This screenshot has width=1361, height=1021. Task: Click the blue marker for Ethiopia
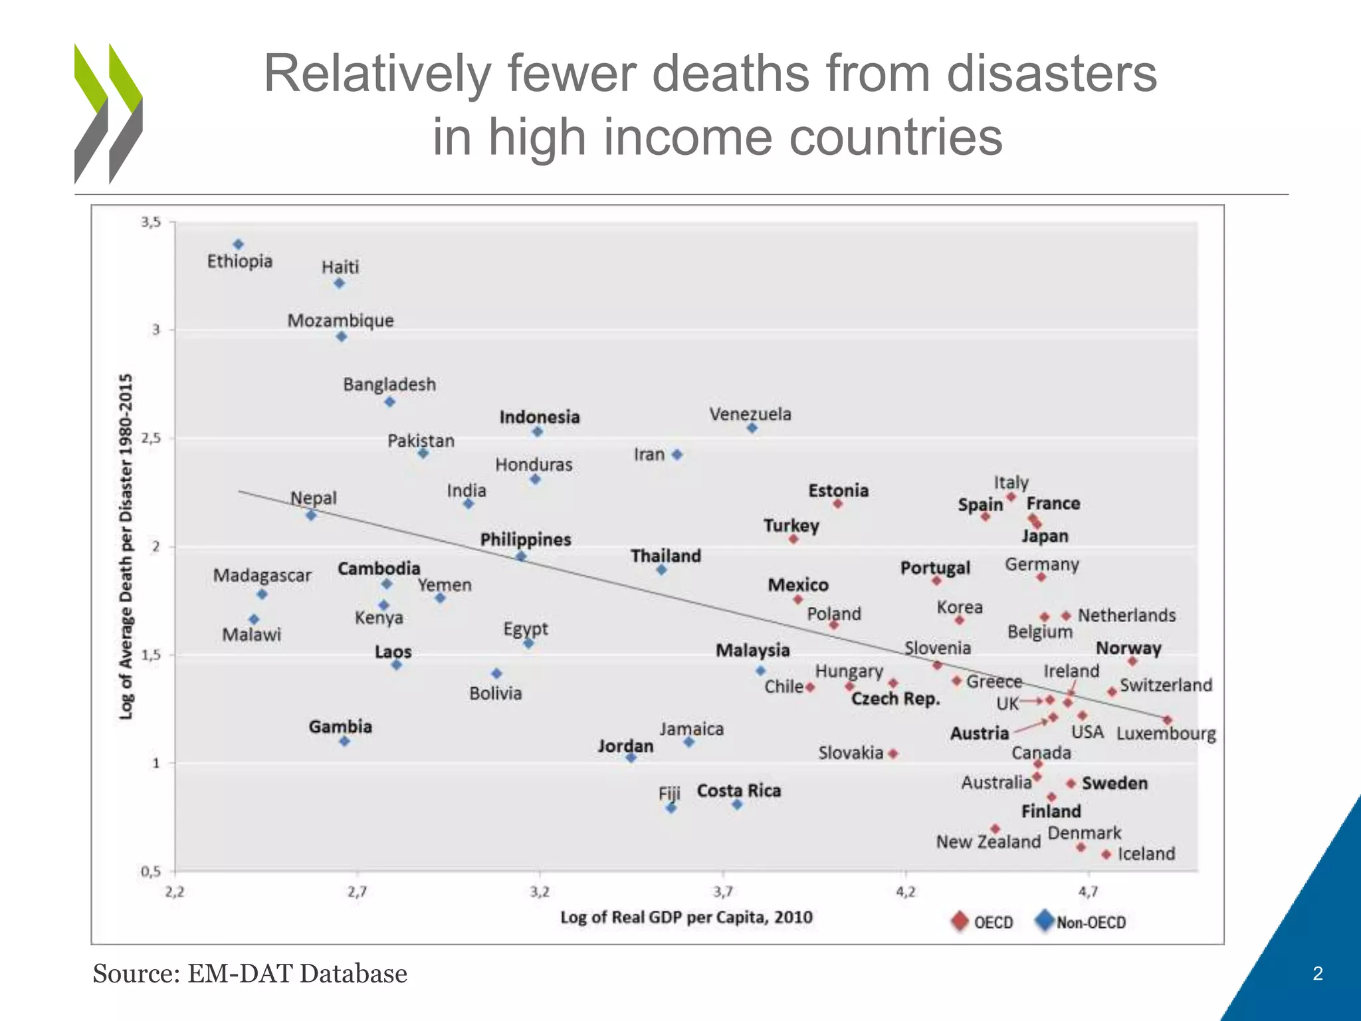[x=239, y=245]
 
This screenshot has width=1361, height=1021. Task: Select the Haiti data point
[x=339, y=283]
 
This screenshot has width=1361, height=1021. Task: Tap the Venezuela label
[x=750, y=414]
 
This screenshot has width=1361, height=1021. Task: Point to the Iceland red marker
[x=1106, y=854]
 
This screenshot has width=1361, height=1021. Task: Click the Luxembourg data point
[x=1167, y=720]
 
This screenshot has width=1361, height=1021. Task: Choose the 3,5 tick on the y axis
[x=151, y=222]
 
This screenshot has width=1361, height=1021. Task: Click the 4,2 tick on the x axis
[x=905, y=891]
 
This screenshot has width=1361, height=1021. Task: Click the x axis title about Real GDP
[x=686, y=917]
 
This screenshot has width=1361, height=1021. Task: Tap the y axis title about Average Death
[x=126, y=546]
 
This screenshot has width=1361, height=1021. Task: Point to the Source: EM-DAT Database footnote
[x=250, y=974]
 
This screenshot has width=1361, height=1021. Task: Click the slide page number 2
[x=1318, y=974]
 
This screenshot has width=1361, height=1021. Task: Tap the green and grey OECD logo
[x=108, y=114]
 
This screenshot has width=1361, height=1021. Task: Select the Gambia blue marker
[x=344, y=741]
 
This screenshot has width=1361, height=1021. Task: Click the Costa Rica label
[x=738, y=790]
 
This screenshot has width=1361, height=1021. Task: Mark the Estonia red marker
[x=837, y=504]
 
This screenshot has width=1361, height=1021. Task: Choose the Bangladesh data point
[x=390, y=401]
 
